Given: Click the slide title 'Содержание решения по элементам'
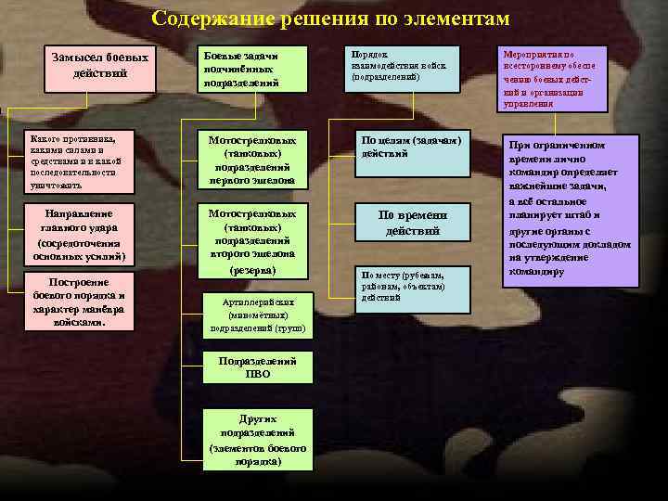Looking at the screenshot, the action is click(331, 19).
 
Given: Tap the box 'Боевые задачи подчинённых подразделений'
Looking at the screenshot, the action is click(252, 70).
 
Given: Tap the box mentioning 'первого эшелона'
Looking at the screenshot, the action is click(251, 160).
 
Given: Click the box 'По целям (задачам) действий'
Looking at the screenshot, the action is click(410, 150).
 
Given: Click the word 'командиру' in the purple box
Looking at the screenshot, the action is click(535, 272).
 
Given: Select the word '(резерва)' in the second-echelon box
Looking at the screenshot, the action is click(251, 270).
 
